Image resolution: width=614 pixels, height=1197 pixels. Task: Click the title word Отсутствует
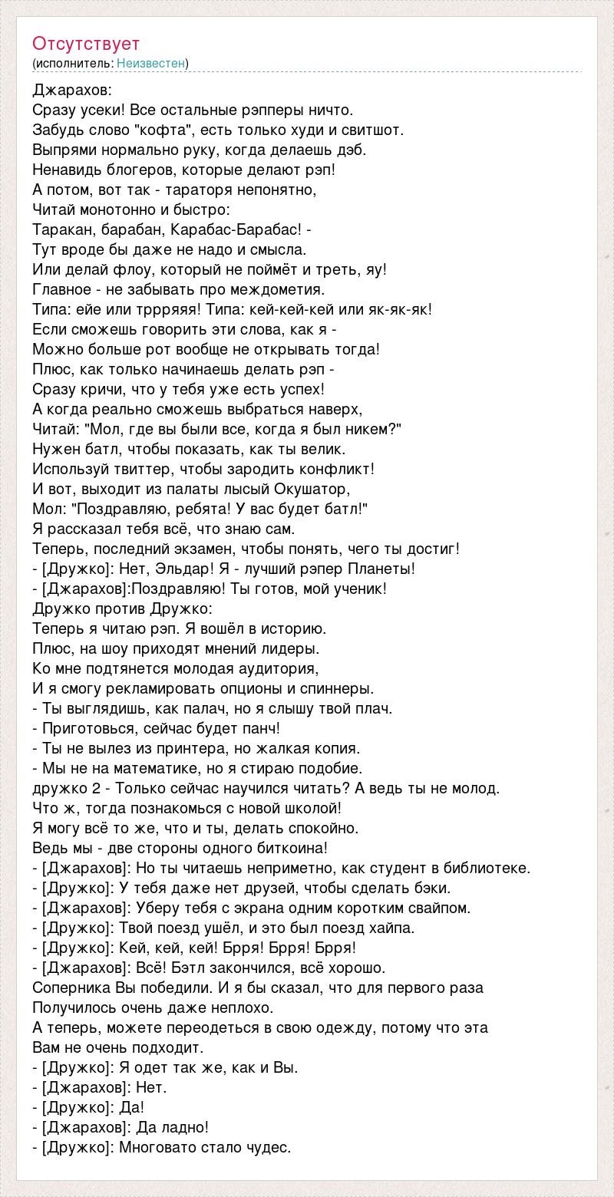(x=86, y=44)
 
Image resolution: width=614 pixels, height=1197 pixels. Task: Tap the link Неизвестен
(x=150, y=63)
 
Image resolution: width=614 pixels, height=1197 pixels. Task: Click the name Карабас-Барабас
(x=235, y=229)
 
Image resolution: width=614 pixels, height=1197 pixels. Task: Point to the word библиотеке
(x=489, y=868)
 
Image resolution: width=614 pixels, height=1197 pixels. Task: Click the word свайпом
(x=441, y=908)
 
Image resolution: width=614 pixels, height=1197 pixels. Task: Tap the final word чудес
(x=269, y=1147)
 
